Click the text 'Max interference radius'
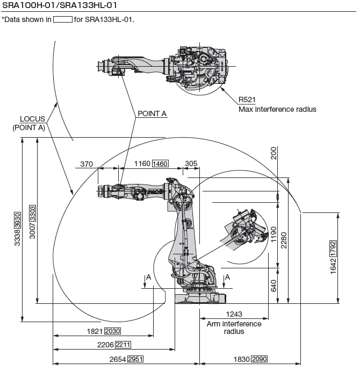[x=277, y=109]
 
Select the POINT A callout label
[x=152, y=114]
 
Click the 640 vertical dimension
[x=274, y=285]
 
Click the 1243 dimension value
[x=234, y=314]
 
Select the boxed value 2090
[x=259, y=359]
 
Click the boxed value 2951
[x=135, y=359]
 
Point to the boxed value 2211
[x=123, y=345]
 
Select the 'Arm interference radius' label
[x=234, y=328]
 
